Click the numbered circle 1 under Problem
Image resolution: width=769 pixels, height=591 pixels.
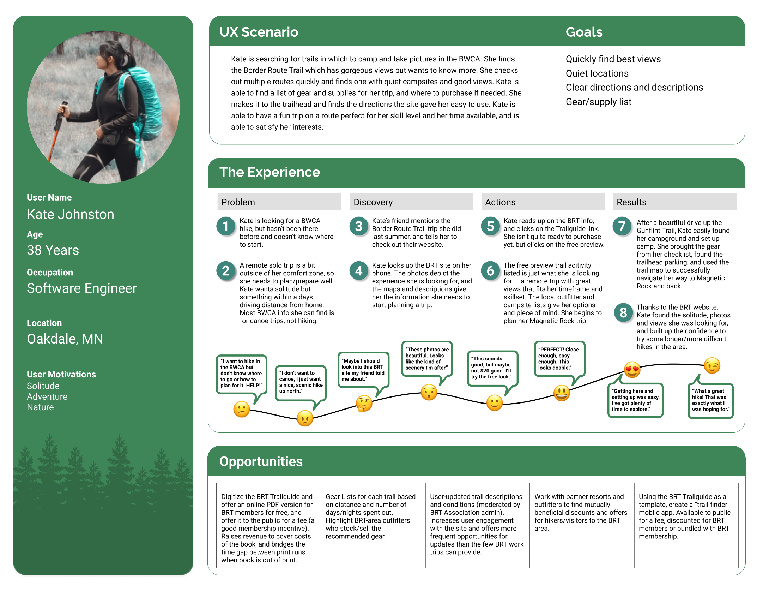point(226,226)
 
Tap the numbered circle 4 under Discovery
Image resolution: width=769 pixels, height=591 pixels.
point(359,271)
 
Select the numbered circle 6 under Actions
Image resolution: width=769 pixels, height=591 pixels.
point(490,271)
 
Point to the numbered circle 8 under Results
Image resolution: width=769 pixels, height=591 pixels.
point(623,313)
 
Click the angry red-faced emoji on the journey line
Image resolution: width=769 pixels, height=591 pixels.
point(305,418)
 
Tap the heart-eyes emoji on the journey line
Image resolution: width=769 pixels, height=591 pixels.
point(632,370)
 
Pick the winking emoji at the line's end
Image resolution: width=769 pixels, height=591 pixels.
point(712,365)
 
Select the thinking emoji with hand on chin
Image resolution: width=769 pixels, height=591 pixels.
point(364,404)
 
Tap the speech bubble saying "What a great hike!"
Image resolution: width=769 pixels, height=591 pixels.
point(710,400)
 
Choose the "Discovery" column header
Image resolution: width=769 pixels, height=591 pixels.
point(373,202)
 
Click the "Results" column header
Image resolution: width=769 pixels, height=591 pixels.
point(631,202)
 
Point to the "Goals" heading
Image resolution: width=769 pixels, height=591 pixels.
point(584,32)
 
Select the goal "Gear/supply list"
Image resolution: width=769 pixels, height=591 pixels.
point(599,102)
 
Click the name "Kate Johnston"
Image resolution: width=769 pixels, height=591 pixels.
point(71,214)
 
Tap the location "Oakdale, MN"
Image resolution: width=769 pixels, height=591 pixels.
point(65,339)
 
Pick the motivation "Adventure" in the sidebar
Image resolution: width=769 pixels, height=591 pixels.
point(47,396)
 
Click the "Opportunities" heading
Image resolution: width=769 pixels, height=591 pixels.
point(261,462)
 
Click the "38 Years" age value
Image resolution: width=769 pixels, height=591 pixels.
point(53,250)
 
